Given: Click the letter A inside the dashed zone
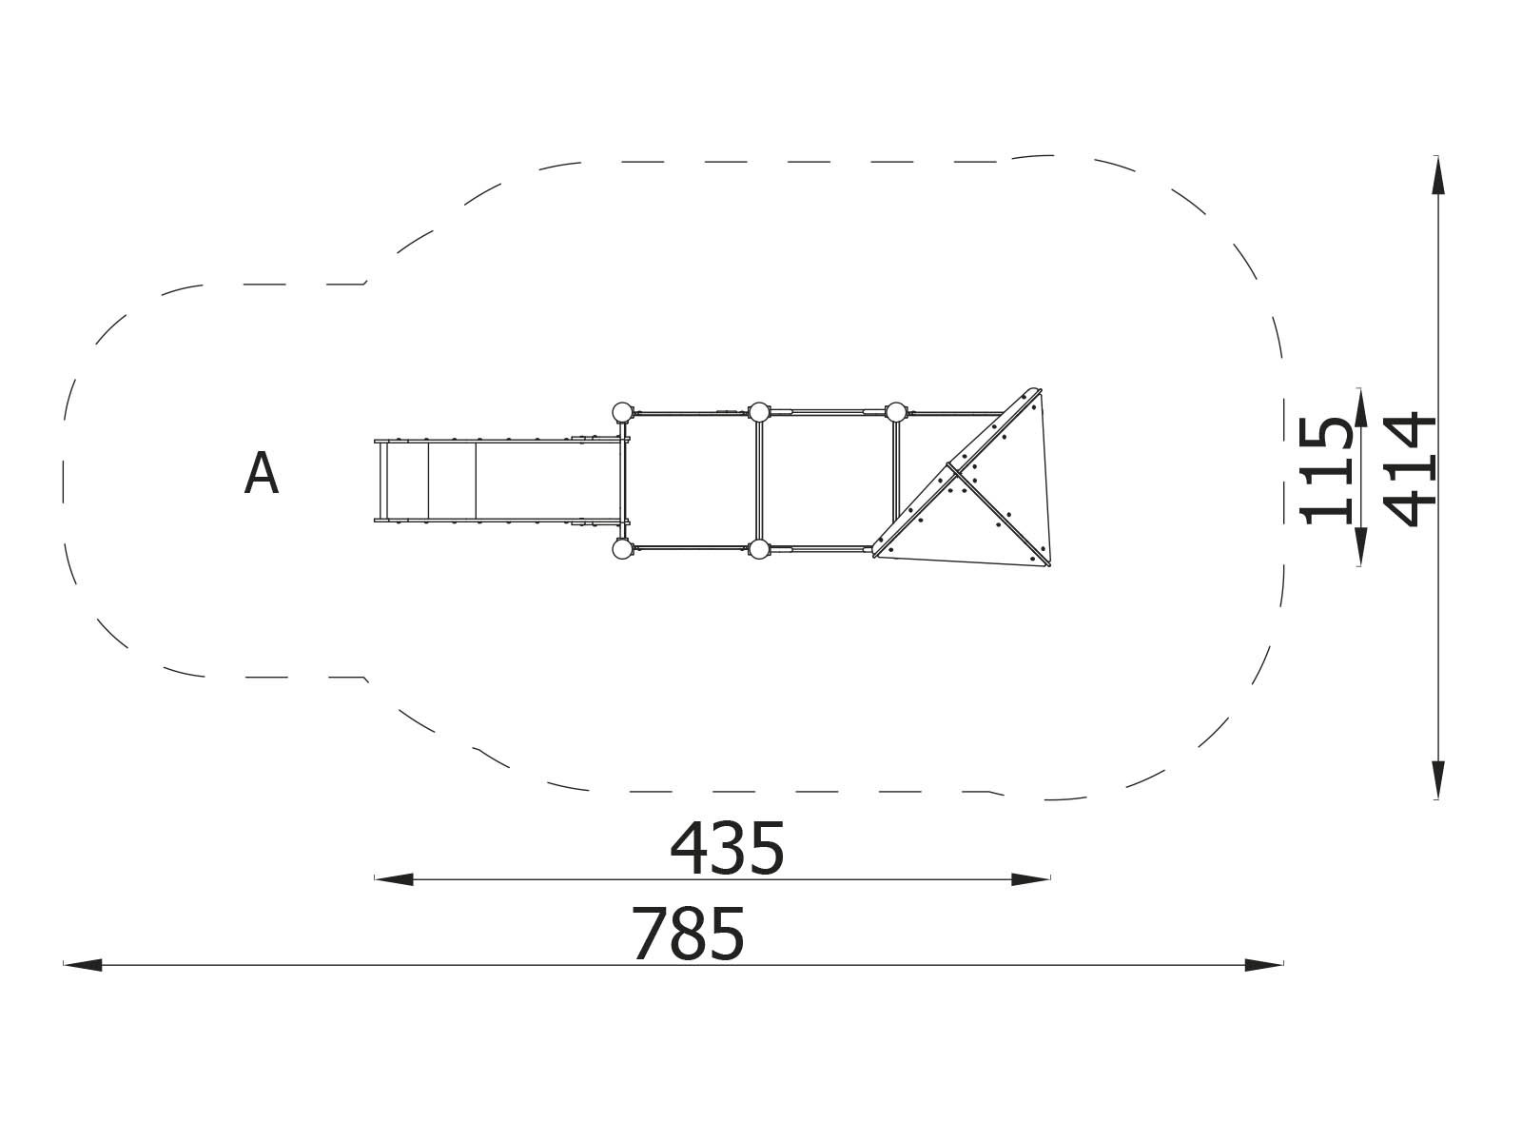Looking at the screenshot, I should coord(261,474).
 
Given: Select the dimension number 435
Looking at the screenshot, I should coord(728,850).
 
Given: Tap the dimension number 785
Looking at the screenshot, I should coord(688,935).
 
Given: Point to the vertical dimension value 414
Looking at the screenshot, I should coord(1410,468).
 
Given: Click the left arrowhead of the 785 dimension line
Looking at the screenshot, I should coord(82,965).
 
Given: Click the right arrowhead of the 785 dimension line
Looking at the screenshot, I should coord(1265,965).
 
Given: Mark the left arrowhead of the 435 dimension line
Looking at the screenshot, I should coord(393,879).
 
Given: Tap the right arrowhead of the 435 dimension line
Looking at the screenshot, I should coord(1031,879).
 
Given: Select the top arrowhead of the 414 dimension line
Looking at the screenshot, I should coord(1437,176).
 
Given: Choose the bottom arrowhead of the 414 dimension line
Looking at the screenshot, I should coord(1437,778).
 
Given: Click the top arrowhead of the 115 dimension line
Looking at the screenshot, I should coord(1360,406).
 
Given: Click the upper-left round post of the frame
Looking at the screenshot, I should coord(621,412).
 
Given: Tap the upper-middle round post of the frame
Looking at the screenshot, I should coord(758,412).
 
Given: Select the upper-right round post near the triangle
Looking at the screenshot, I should coord(895,412).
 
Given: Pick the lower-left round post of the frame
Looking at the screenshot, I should coord(621,548).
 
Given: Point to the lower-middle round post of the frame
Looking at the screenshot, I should coord(758,548).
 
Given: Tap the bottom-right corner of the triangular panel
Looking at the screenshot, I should coord(1047,563).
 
